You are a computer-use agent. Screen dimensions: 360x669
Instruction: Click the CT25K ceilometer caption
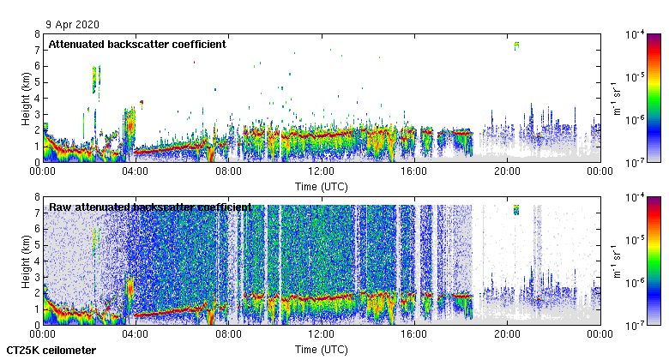51,351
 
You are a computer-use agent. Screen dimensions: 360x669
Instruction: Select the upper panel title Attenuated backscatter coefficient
137,44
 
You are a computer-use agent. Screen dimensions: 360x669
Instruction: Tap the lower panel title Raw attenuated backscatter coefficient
150,207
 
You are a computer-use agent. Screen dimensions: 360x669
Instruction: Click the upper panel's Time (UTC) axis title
322,186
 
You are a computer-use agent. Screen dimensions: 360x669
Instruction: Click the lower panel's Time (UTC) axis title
322,350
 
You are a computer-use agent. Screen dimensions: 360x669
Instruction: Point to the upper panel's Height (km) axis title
26,98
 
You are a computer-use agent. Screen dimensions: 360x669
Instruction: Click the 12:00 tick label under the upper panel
322,171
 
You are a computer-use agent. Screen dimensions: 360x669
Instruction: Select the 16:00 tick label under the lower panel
414,335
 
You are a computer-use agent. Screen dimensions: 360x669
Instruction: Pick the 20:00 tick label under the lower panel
507,335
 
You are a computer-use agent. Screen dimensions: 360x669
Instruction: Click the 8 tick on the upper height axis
37,34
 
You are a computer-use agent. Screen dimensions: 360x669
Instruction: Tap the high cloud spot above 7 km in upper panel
516,45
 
